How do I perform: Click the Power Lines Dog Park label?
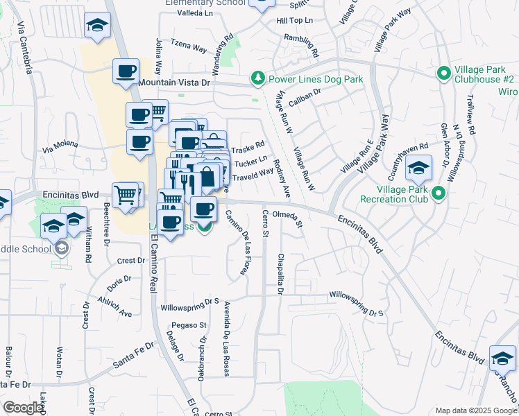point(316,80)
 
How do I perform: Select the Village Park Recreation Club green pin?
point(439,194)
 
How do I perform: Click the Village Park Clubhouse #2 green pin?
point(443,73)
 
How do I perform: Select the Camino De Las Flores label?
point(236,243)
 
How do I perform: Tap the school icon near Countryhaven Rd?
point(418,168)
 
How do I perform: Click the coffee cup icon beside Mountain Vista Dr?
point(126,71)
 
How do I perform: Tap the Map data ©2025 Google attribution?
point(475,410)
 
